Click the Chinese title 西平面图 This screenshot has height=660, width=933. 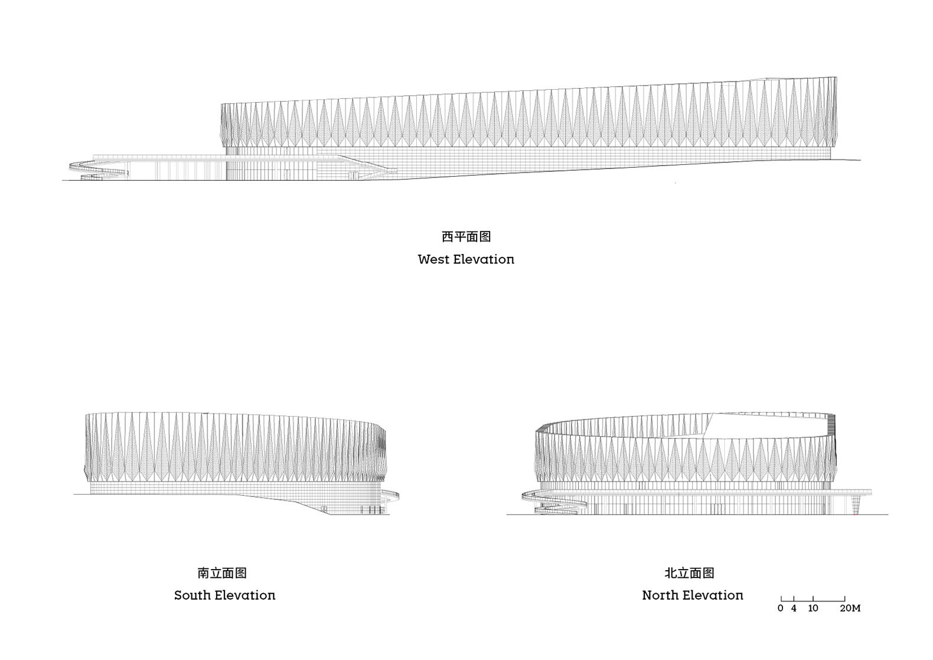466,237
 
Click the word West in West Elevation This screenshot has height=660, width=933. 433,259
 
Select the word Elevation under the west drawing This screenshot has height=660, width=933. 484,259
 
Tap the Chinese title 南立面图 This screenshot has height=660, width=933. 222,573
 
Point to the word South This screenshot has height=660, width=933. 193,595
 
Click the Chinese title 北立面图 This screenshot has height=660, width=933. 689,573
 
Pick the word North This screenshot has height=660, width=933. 660,595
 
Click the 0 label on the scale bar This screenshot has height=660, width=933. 780,609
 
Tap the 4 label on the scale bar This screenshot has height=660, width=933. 794,609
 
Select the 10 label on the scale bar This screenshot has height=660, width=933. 813,609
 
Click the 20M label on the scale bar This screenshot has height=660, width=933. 850,609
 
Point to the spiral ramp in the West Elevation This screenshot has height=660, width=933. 99,170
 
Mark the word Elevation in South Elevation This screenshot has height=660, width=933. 245,595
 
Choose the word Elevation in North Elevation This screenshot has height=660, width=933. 713,595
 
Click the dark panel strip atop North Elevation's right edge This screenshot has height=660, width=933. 831,424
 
